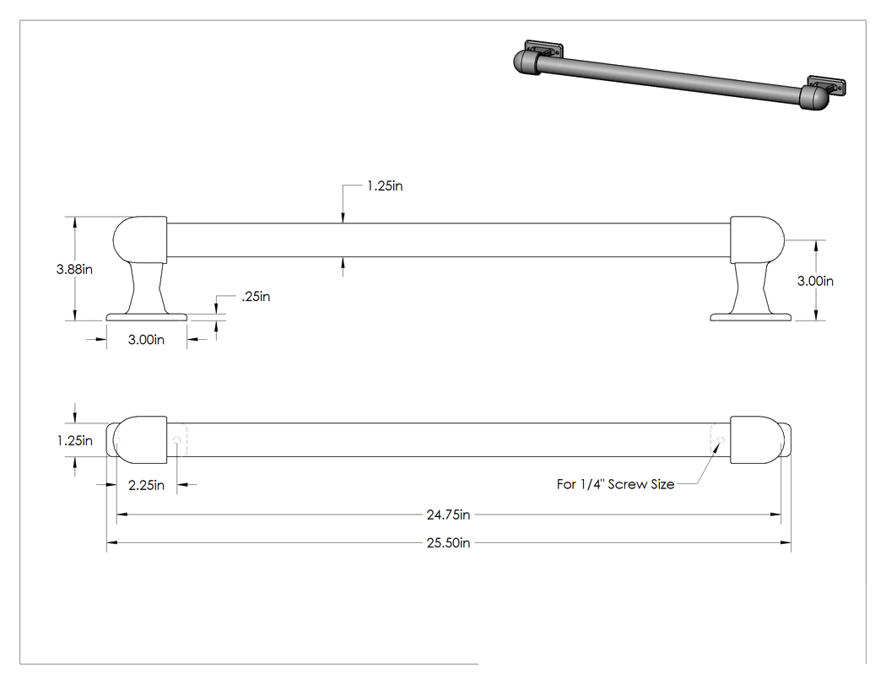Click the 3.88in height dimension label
(74, 269)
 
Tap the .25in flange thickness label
(256, 297)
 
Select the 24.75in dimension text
(449, 514)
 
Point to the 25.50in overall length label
(449, 543)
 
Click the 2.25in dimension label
(146, 485)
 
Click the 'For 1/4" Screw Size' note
(615, 484)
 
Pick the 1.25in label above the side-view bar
(385, 186)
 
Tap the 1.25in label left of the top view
(75, 440)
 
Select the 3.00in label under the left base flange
(146, 339)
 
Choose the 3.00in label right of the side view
(815, 281)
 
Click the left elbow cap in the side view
(140, 240)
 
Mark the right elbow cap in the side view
(757, 240)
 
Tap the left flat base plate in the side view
(147, 317)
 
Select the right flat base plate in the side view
(751, 317)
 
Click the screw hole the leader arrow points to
(721, 439)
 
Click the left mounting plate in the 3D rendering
(544, 49)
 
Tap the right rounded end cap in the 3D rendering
(815, 98)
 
